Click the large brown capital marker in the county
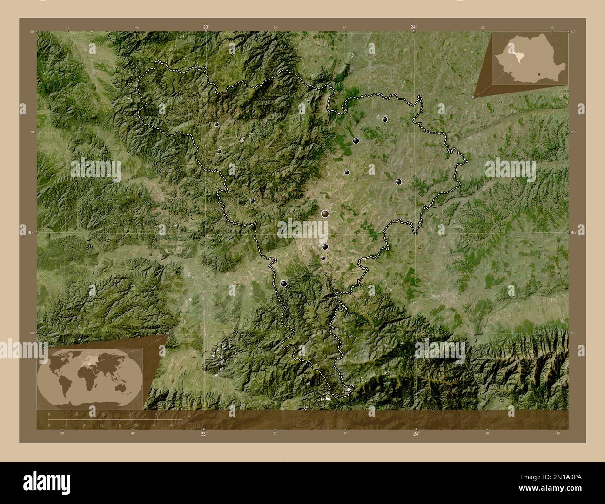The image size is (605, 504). click(x=325, y=213)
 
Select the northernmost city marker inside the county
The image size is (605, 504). click(x=385, y=119)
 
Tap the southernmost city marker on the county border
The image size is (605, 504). click(x=283, y=284)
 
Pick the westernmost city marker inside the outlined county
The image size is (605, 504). click(x=216, y=124)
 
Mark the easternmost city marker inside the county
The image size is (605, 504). click(x=398, y=182)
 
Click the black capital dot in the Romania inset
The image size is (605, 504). click(x=538, y=73)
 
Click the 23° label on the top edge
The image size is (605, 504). click(x=205, y=27)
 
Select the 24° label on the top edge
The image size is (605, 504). click(x=413, y=27)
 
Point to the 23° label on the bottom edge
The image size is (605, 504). click(x=203, y=434)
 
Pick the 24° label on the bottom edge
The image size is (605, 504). click(x=416, y=434)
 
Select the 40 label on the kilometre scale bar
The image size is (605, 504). click(x=157, y=414)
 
